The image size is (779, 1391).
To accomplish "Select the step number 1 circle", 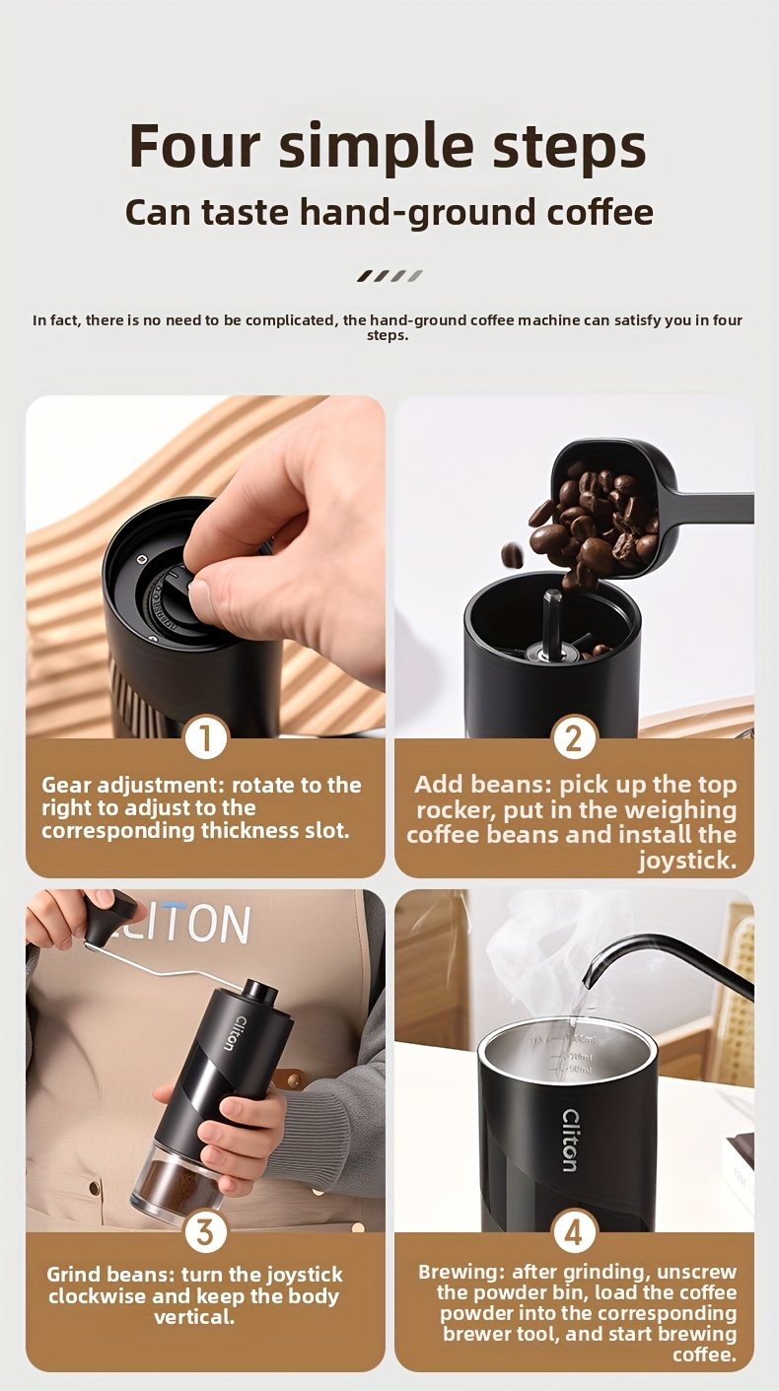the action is click(206, 737).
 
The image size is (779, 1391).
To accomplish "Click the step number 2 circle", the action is click(573, 737).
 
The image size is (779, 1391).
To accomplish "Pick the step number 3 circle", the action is click(205, 1231).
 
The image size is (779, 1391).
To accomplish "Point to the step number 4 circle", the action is click(574, 1231).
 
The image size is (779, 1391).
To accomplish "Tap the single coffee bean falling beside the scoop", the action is click(512, 555).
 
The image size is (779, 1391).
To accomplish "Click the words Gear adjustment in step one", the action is click(131, 785).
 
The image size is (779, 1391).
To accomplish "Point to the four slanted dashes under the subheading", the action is click(389, 276).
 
